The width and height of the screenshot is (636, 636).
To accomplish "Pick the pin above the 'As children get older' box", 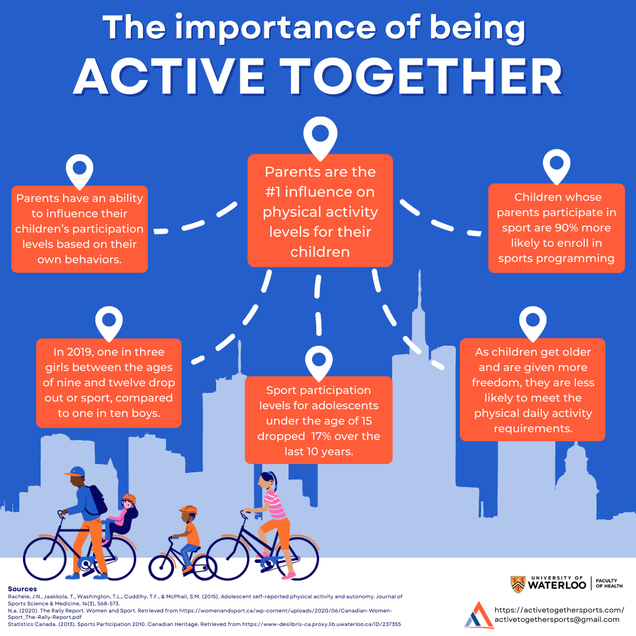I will tap(532, 323).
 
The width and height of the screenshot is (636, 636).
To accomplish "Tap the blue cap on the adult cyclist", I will tap(74, 472).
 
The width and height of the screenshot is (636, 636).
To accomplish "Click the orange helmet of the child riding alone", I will tap(188, 509).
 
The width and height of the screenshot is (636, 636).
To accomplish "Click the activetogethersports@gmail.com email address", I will tap(556, 620).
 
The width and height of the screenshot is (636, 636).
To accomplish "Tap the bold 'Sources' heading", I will tap(22, 589).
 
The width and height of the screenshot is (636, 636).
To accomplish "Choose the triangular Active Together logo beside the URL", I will tap(479, 615).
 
